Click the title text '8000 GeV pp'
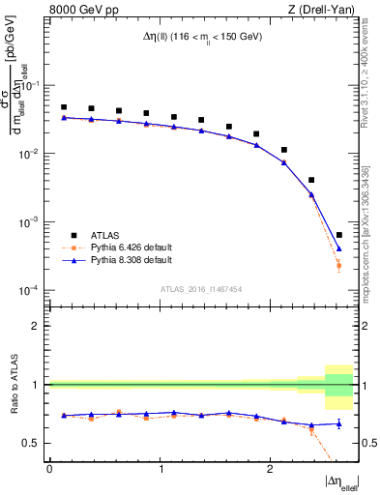[77, 11]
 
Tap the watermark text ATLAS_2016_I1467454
[202, 289]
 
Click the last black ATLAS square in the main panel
[338, 235]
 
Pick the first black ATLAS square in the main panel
[64, 107]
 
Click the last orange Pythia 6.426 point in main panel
[338, 265]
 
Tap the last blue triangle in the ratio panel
[338, 423]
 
